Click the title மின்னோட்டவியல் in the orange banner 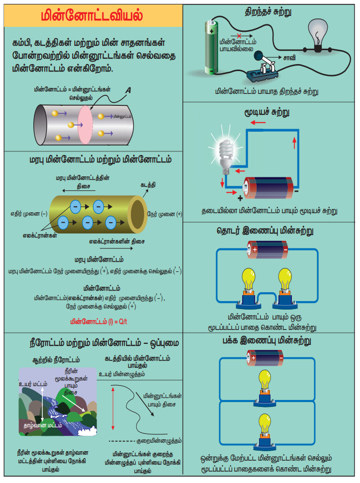tap(92, 15)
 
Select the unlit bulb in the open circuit tap(318, 35)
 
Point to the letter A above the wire tap(128, 90)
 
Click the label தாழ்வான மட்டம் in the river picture tap(44, 425)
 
